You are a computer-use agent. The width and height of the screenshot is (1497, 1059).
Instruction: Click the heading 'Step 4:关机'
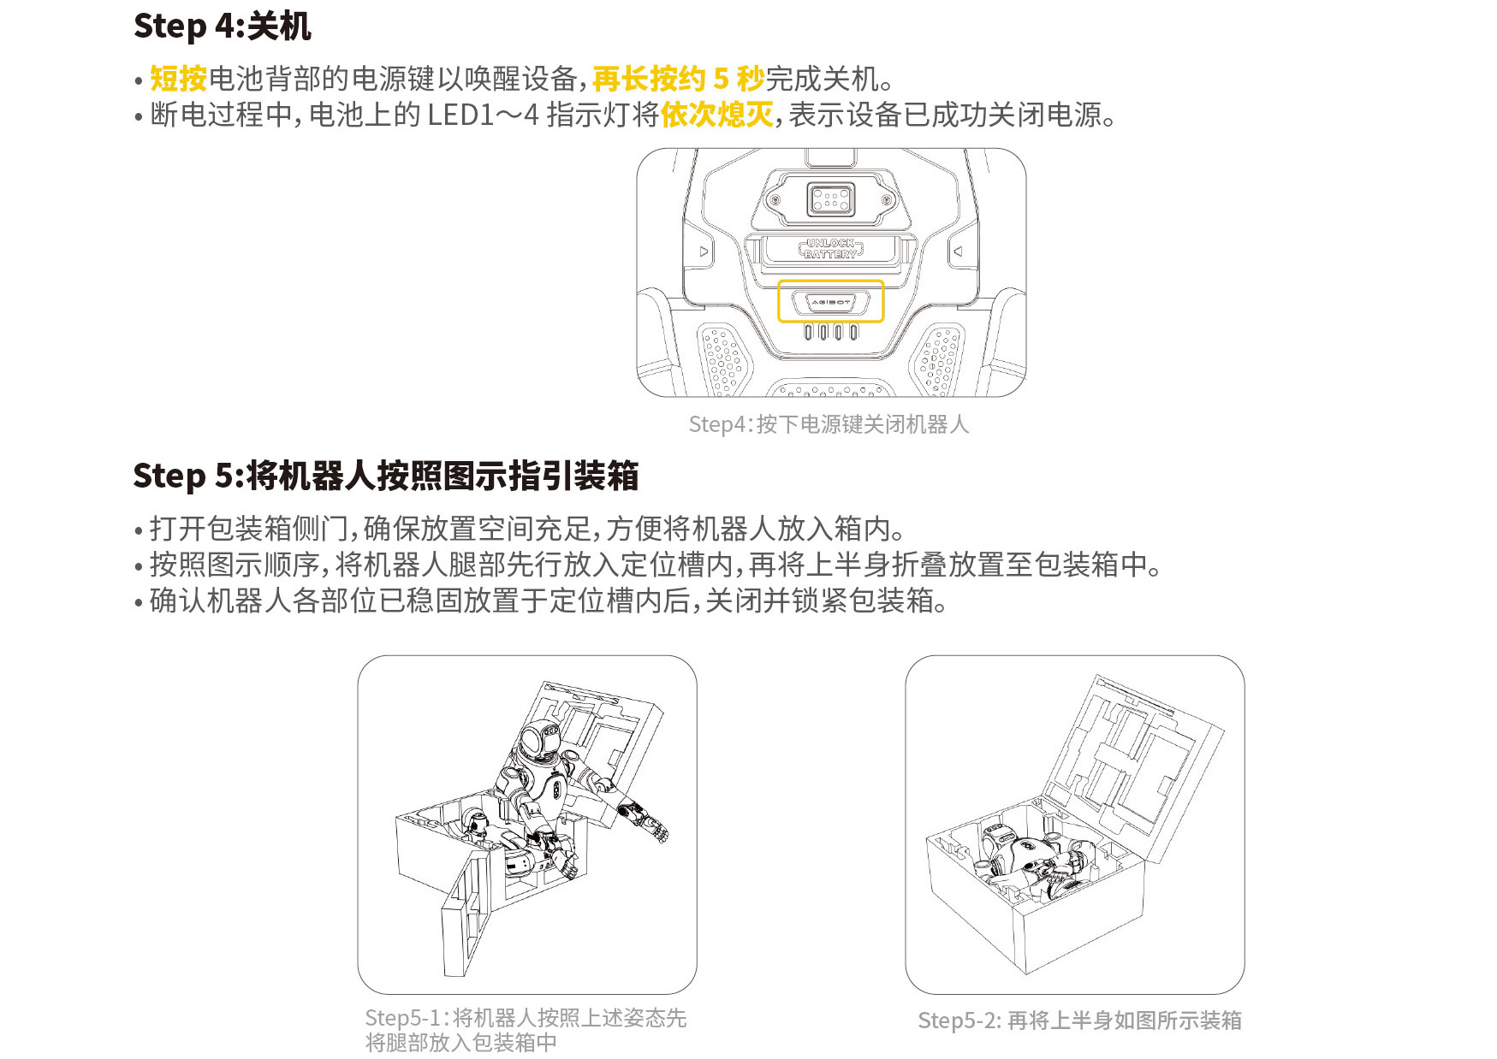coord(223,27)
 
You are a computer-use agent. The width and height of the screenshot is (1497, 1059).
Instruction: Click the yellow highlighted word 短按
coord(179,79)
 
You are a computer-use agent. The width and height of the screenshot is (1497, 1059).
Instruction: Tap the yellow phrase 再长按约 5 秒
coord(678,79)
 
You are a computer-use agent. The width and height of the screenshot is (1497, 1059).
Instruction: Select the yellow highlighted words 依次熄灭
coord(717,115)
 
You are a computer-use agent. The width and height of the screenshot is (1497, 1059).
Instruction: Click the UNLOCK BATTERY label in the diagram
coord(831,249)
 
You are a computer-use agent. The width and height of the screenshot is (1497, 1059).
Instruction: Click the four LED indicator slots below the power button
coord(830,332)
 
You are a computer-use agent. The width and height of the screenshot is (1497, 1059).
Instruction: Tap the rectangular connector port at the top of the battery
coord(831,200)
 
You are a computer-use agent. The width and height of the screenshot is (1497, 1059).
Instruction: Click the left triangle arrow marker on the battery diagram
coord(704,251)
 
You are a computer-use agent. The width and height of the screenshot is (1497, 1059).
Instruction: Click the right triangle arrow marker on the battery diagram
coord(959,251)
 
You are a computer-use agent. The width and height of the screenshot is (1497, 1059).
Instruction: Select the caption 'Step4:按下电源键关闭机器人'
coord(829,424)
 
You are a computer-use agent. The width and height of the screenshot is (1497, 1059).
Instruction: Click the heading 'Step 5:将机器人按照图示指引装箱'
coord(386,476)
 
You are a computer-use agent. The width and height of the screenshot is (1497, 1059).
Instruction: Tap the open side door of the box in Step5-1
coord(466,914)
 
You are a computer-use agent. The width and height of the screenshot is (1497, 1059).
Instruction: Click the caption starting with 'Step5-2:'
coord(1079,1021)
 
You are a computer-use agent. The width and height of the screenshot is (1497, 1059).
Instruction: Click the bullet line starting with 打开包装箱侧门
coord(527,529)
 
